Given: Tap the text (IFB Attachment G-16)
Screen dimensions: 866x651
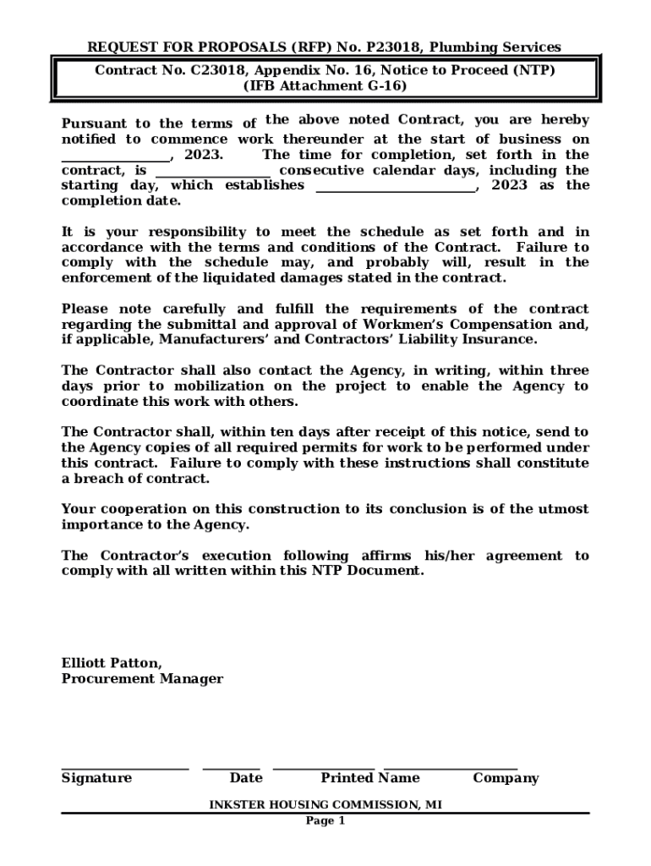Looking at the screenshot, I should [x=325, y=85].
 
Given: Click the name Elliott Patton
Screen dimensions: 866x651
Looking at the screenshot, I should [x=112, y=663].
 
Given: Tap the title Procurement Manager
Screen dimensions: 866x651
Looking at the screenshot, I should [x=142, y=679].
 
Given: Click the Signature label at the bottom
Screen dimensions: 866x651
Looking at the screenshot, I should [x=96, y=778].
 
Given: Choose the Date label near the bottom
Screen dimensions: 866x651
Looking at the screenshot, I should [x=246, y=778].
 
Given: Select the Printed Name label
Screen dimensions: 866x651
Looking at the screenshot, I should [x=369, y=778].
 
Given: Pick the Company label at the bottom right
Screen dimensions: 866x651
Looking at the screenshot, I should [x=506, y=778].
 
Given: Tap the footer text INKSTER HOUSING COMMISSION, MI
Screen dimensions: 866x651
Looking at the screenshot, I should [x=325, y=805].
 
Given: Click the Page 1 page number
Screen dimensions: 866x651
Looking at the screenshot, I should [x=325, y=821].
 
